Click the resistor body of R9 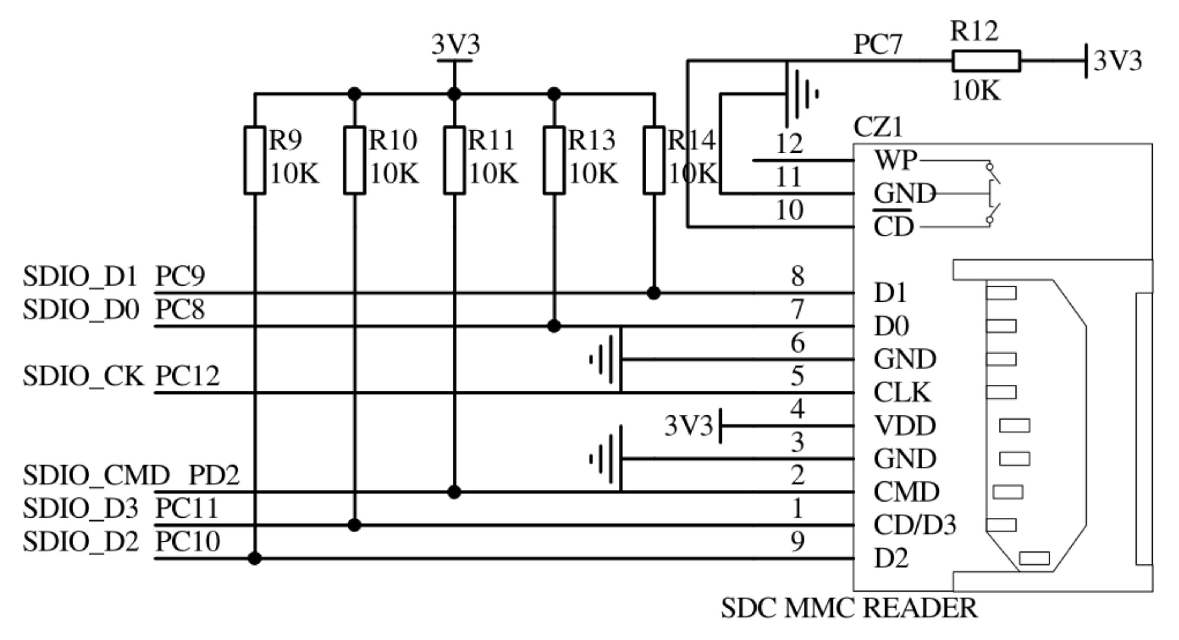tap(254, 160)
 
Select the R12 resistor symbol tap(986, 61)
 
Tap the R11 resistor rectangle tap(454, 160)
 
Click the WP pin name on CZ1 tap(895, 160)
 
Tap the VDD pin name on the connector tap(904, 426)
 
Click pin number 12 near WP tap(789, 144)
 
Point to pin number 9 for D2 tap(797, 542)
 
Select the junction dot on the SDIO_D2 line tap(254, 558)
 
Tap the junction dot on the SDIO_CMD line tap(454, 492)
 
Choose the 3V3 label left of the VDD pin tap(688, 426)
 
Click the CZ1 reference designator tap(878, 127)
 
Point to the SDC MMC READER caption tap(849, 608)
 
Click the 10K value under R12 tap(976, 90)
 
